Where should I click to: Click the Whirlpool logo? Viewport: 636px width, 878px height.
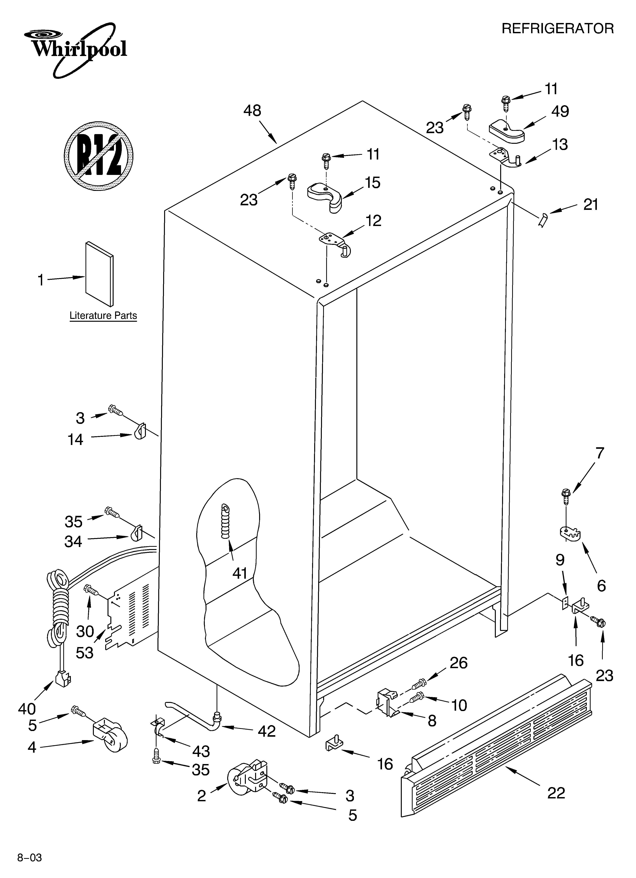tap(76, 48)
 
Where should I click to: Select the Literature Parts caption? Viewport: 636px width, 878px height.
tap(103, 315)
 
